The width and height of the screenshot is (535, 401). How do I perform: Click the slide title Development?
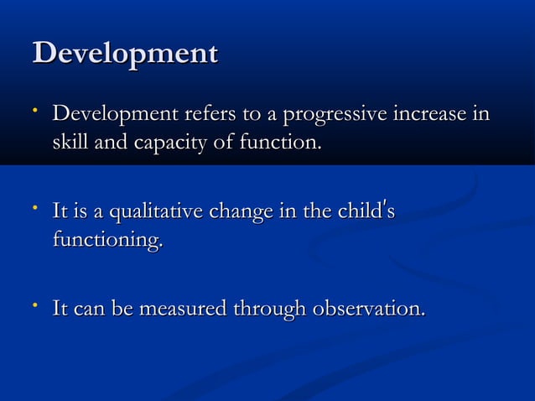tap(125, 55)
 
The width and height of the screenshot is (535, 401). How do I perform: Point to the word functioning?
tap(107, 242)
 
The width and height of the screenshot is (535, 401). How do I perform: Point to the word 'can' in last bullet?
tap(89, 310)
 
